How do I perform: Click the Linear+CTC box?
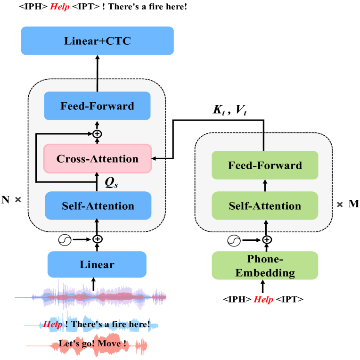(98, 41)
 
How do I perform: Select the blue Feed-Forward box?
(97, 106)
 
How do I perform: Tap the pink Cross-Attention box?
(98, 158)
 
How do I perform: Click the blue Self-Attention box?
(98, 205)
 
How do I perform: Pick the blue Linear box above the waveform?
(97, 264)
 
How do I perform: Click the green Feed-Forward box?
(265, 165)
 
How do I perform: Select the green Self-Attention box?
(265, 205)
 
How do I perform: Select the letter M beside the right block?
(353, 204)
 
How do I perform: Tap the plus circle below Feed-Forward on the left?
(97, 134)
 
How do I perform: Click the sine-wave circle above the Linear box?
(64, 239)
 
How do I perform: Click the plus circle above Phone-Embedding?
(267, 240)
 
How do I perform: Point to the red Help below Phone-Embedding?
(263, 299)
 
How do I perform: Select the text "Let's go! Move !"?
(92, 344)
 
